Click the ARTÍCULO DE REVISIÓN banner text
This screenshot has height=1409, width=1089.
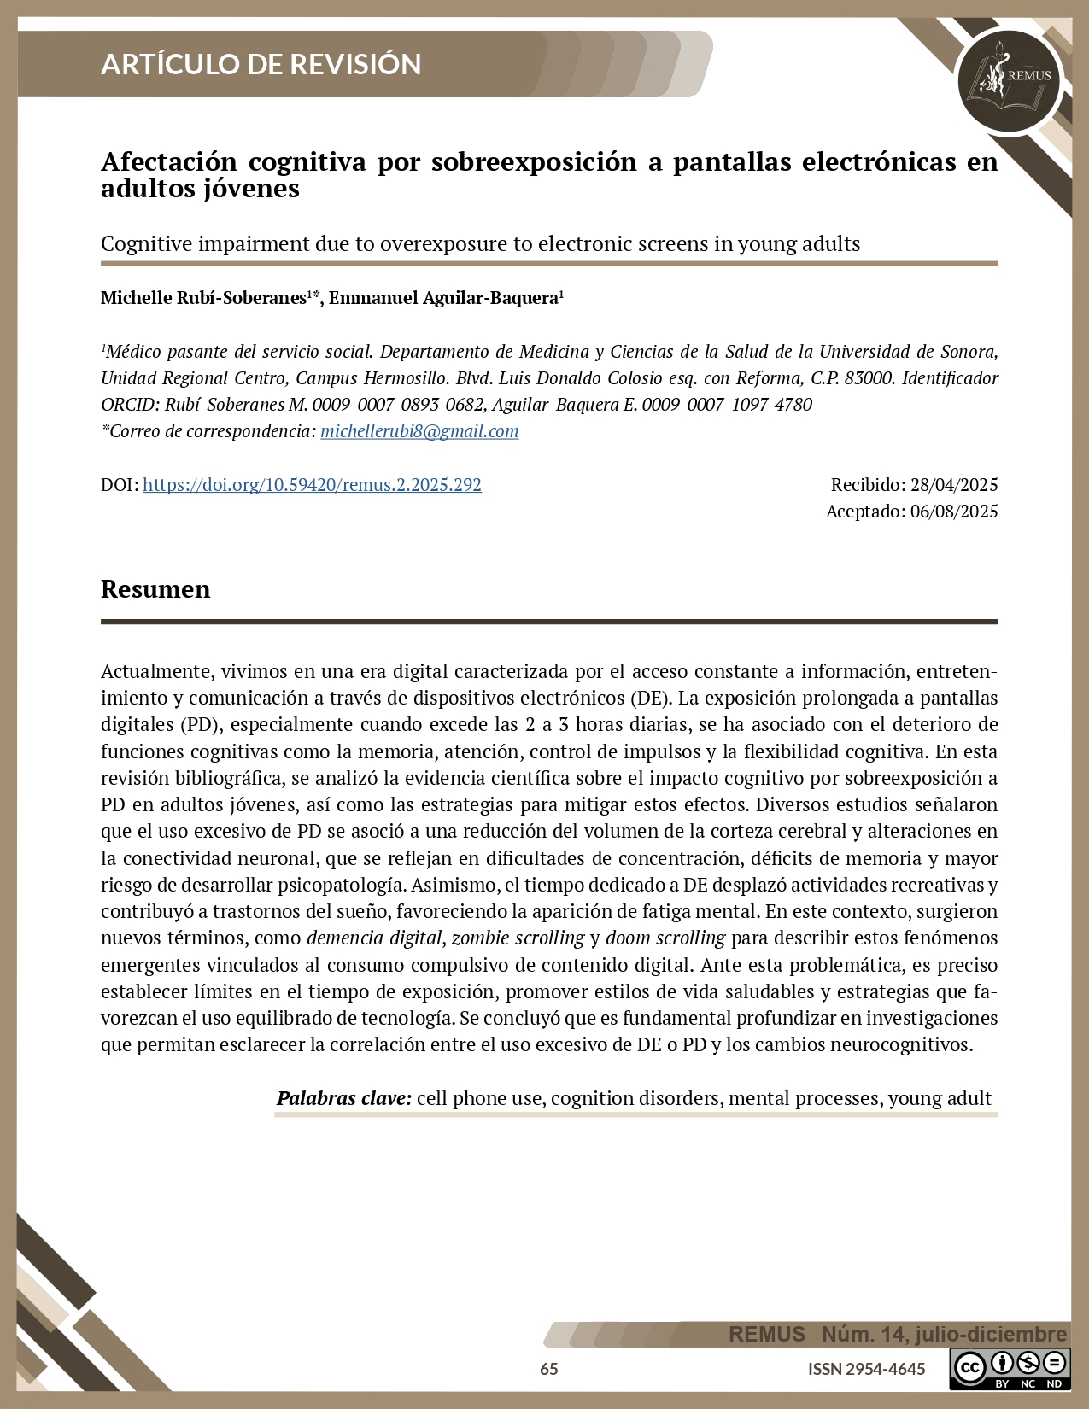tap(261, 64)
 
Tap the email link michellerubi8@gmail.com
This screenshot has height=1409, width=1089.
tap(419, 431)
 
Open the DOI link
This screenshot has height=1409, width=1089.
tap(312, 485)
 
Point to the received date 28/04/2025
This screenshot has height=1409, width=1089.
tap(954, 485)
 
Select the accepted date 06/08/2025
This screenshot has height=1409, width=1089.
tap(954, 512)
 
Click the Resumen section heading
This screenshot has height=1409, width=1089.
tap(155, 589)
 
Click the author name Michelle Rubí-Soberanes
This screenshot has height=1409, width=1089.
tap(203, 298)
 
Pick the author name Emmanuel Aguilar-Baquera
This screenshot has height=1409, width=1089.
tap(443, 298)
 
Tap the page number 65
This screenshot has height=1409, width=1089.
tap(549, 1369)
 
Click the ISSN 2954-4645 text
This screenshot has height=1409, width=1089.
tap(866, 1369)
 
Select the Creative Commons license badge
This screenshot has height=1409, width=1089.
tap(1010, 1369)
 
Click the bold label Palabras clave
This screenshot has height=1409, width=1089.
tap(343, 1098)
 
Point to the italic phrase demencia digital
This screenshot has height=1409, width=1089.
tap(374, 938)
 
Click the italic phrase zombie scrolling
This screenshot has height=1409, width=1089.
tap(518, 938)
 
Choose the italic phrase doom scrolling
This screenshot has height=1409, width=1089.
tap(665, 938)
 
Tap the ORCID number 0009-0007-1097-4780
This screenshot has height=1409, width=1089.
tap(727, 405)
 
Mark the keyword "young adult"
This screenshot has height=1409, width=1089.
tap(940, 1098)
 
